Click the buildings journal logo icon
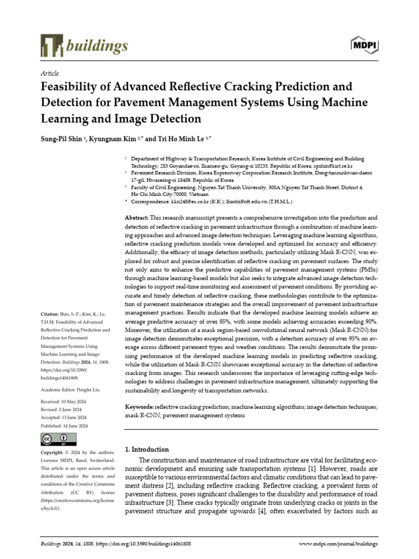tap(52, 45)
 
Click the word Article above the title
tap(50, 73)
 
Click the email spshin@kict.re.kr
tap(333, 165)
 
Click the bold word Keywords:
tap(139, 407)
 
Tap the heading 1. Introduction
tap(147, 449)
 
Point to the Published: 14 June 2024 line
tap(65, 426)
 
